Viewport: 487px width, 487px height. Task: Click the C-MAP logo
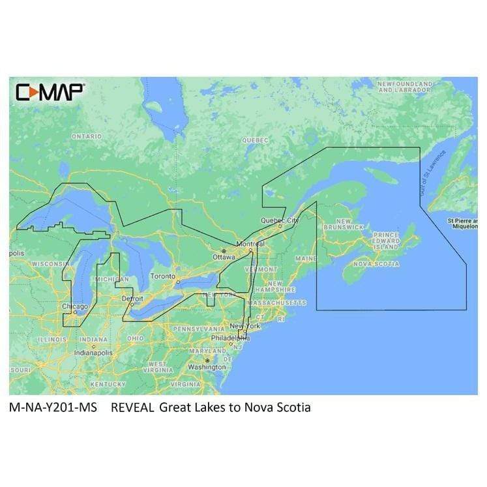coord(49,92)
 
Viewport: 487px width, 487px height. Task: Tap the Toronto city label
coord(163,276)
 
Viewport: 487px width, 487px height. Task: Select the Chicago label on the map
coord(75,306)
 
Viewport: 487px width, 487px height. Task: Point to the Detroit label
coord(132,298)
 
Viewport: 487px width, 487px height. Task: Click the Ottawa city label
coord(224,257)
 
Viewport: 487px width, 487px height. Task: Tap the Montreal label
coord(250,244)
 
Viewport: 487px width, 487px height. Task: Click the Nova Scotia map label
coord(376,264)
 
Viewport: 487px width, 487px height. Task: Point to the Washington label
coord(206,367)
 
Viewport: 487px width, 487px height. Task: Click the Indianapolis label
coord(93,352)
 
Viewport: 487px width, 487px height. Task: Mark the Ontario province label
coord(87,136)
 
